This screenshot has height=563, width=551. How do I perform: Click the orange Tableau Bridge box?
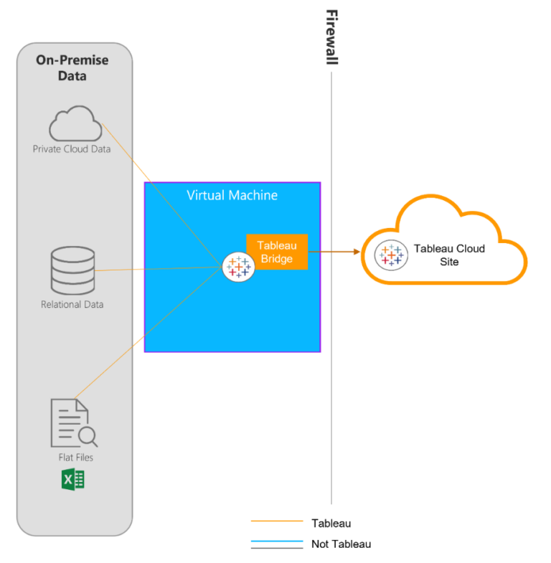point(277,252)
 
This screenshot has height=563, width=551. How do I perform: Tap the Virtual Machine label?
point(232,195)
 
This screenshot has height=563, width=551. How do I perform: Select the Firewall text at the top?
point(331,37)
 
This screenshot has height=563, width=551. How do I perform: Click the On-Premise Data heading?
point(72,67)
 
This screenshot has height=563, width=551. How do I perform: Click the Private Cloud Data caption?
point(72,149)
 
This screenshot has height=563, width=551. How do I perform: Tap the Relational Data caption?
point(72,304)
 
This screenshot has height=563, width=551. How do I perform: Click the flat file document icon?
point(70,422)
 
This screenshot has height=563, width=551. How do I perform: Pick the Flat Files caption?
point(75,457)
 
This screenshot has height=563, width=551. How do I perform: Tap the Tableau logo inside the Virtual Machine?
point(238,266)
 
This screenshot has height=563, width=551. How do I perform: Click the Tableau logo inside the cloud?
point(391,255)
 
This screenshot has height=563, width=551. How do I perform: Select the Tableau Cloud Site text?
point(449,255)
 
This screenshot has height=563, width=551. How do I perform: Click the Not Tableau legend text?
point(341,544)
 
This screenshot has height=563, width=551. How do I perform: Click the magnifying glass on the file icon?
point(89,435)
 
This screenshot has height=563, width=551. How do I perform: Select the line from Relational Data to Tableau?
point(158,269)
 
